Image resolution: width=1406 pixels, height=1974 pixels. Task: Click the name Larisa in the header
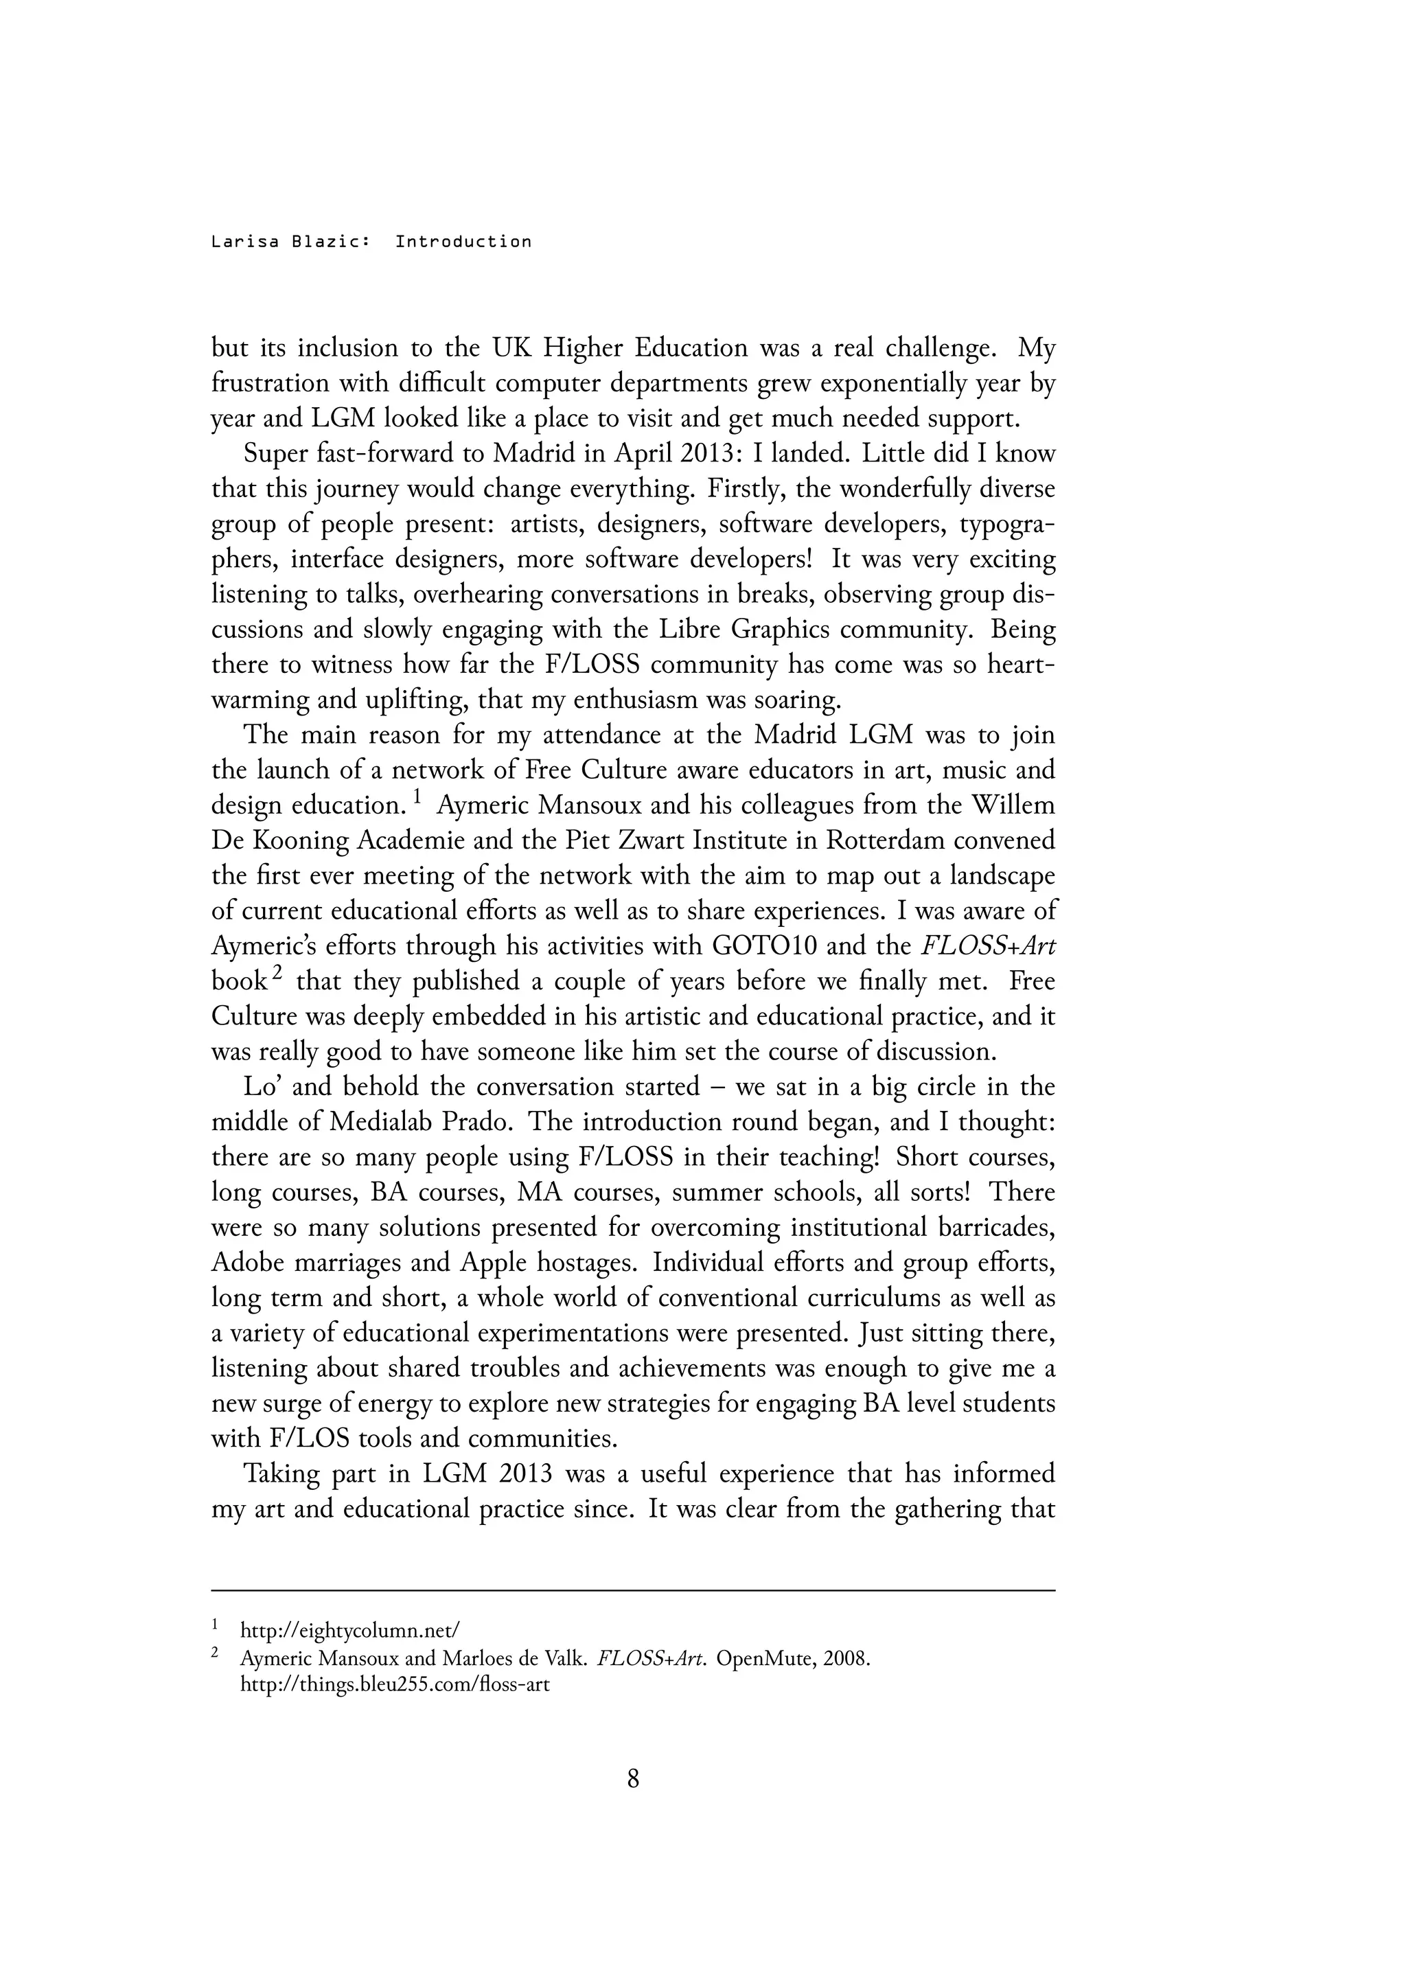[x=245, y=242]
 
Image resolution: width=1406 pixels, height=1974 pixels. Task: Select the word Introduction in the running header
[x=463, y=242]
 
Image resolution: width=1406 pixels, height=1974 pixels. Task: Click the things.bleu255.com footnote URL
[x=394, y=1686]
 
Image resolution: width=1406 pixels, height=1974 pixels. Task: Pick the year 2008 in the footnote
[x=846, y=1659]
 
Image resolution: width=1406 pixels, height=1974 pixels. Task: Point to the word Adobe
[x=249, y=1263]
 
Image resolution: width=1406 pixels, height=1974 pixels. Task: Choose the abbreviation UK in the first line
[x=511, y=349]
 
